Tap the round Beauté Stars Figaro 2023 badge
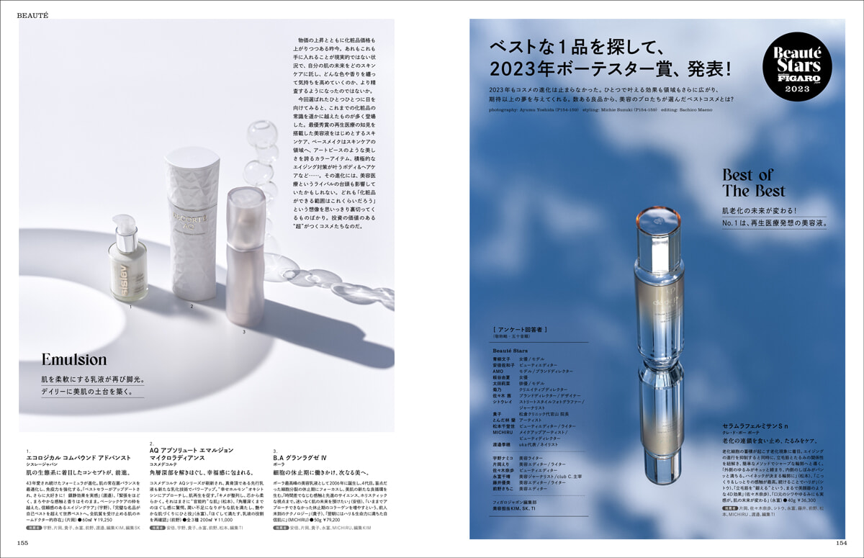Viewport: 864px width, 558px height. coord(796,69)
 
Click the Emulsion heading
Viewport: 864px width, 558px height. coord(73,359)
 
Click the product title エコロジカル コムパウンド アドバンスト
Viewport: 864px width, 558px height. coord(69,456)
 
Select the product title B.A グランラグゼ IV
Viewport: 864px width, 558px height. coord(300,456)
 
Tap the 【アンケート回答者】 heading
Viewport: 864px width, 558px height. coord(519,330)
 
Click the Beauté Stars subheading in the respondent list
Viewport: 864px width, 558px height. coord(510,349)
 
